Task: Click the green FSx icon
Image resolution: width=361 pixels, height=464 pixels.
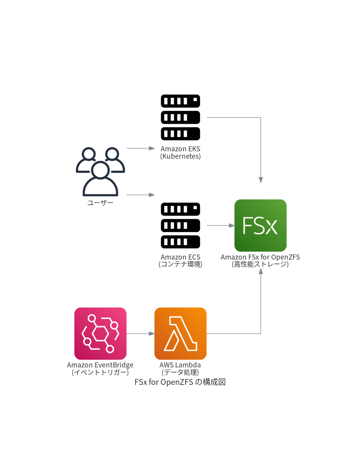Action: point(260,225)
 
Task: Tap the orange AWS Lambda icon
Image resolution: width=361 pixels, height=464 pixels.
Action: point(180,334)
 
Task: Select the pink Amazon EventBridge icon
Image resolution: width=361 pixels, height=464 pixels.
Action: point(100,334)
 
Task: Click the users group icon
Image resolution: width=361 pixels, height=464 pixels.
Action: point(100,171)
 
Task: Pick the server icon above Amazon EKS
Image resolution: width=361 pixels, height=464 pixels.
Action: point(180,117)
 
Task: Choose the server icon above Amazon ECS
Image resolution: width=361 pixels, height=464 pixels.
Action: point(180,225)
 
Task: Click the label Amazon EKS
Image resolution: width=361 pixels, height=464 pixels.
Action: point(180,149)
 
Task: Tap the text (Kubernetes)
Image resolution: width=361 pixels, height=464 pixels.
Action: point(180,156)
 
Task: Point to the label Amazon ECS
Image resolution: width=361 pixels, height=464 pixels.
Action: point(180,257)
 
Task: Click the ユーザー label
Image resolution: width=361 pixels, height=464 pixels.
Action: point(100,203)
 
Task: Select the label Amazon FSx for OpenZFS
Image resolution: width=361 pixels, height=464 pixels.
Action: point(260,257)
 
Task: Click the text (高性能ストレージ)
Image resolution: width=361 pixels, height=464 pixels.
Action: point(260,265)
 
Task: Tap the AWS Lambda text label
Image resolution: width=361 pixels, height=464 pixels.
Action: point(180,365)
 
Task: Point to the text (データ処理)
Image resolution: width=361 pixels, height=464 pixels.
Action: point(180,372)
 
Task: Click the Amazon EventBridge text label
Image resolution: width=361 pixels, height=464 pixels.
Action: point(100,365)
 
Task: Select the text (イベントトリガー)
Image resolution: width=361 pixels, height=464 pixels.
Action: point(100,372)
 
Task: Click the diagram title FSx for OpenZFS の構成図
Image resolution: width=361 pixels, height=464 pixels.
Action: point(180,382)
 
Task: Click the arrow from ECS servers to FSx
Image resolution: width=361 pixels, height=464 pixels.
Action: point(221,225)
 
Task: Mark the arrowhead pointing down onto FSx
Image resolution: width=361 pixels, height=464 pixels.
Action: point(261,180)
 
